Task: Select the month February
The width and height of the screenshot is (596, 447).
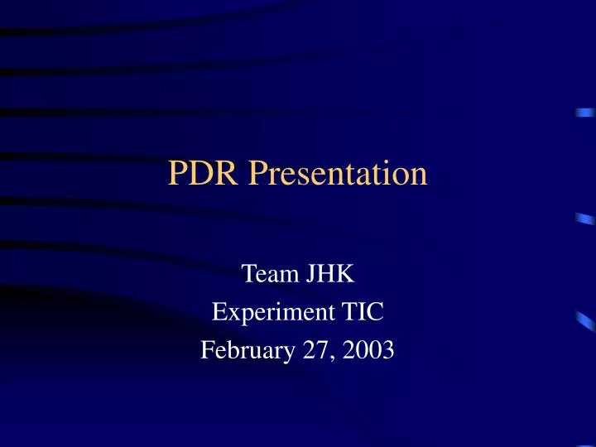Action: [x=242, y=352]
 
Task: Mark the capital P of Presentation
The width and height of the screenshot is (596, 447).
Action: [x=257, y=174]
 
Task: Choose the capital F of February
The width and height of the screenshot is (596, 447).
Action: [x=207, y=351]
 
